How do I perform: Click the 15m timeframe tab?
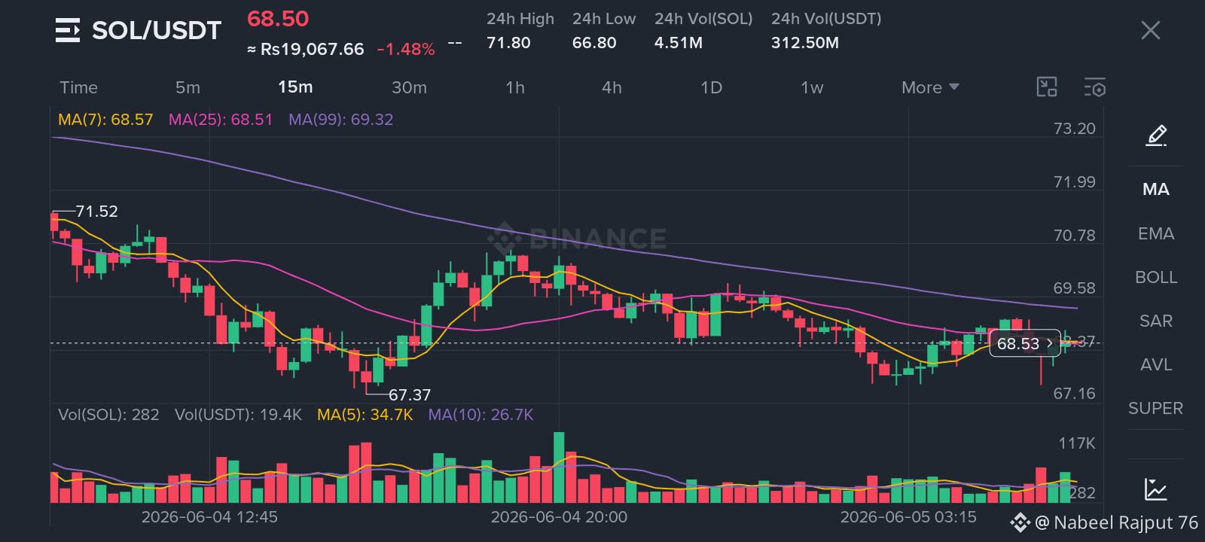tap(295, 87)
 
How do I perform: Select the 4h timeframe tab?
tap(612, 87)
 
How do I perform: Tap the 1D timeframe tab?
tap(711, 87)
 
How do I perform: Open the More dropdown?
tap(930, 87)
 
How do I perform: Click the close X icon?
tap(1151, 31)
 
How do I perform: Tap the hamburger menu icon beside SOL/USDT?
tap(68, 30)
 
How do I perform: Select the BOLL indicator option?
tap(1156, 278)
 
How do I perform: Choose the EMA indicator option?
tap(1156, 234)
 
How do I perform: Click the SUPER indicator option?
tap(1155, 409)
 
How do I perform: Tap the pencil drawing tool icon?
tap(1156, 135)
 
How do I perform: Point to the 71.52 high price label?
tap(97, 212)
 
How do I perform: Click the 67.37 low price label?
tap(410, 395)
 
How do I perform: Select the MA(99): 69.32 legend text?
tap(341, 120)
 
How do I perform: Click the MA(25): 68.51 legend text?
tap(221, 120)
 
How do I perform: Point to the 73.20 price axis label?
tap(1074, 129)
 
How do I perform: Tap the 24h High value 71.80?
tap(508, 42)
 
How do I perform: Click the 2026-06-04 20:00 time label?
tap(559, 517)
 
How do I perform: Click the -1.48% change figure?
tap(406, 50)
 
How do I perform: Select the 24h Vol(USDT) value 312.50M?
tap(805, 42)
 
